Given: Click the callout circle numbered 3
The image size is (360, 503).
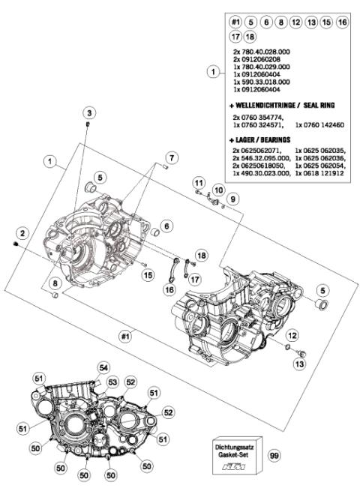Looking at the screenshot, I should pyautogui.click(x=88, y=112).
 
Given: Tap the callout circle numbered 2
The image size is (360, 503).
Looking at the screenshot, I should pyautogui.click(x=23, y=234).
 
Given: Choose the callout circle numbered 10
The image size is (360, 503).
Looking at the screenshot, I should pyautogui.click(x=218, y=190).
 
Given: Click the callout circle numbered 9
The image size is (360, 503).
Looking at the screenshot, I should pyautogui.click(x=232, y=198).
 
